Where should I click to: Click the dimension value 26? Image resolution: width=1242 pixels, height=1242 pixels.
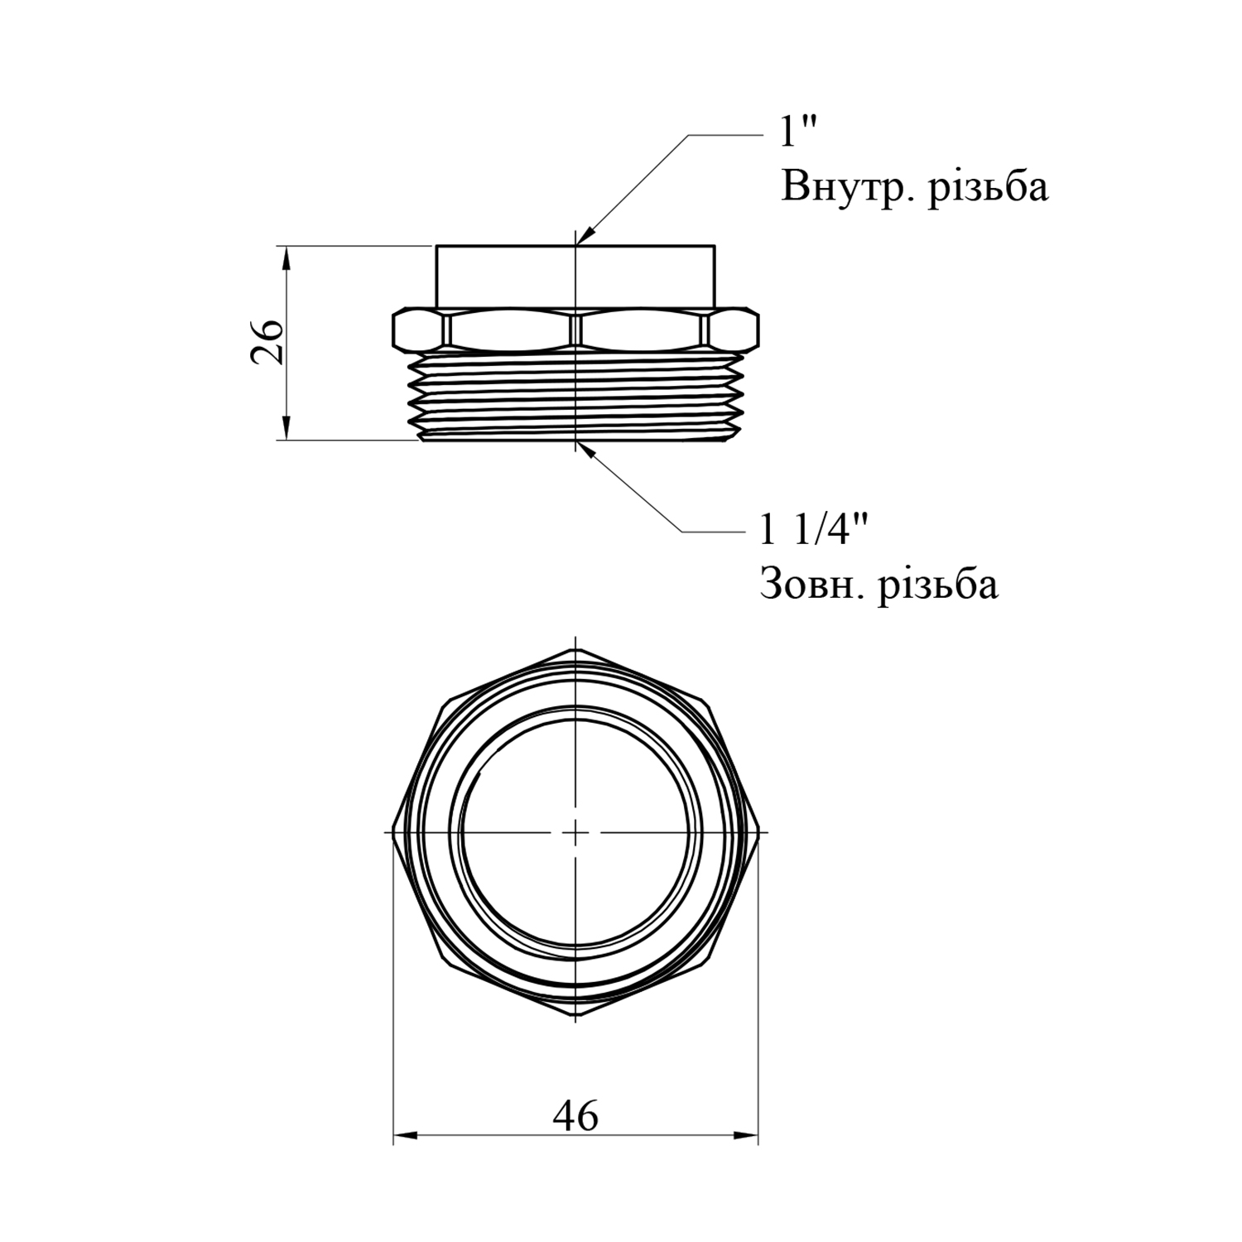268,340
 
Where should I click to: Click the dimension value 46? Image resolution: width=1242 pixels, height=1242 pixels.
575,1117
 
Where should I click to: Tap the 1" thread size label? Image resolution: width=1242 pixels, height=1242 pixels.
799,132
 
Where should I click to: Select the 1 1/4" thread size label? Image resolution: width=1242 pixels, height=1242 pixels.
814,529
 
